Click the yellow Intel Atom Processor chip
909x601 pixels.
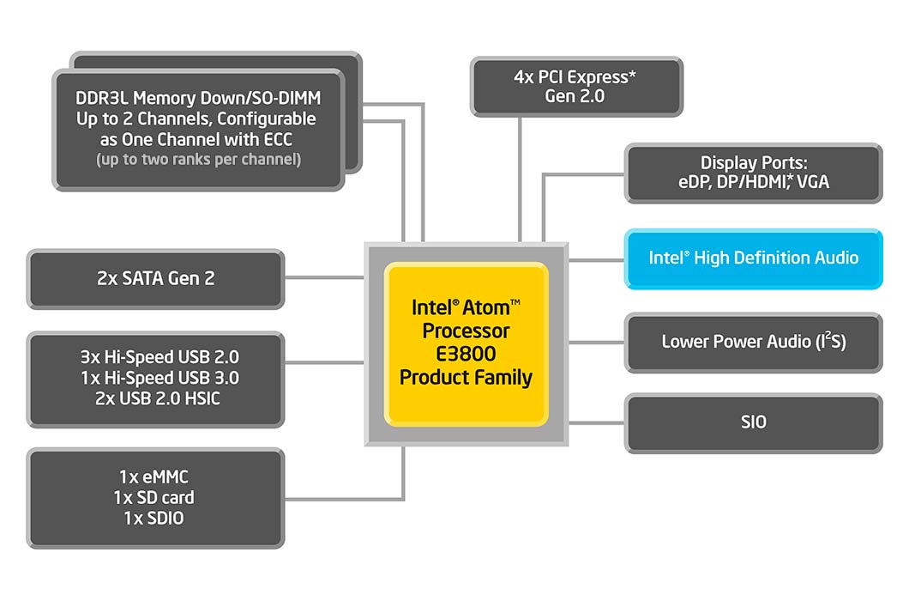pyautogui.click(x=466, y=343)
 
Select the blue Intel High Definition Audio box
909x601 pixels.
pyautogui.click(x=753, y=258)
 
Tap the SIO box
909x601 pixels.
pyautogui.click(x=753, y=422)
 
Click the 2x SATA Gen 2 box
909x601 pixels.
pyautogui.click(x=155, y=279)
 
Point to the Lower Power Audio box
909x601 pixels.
pyautogui.click(x=753, y=342)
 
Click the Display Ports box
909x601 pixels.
pyautogui.click(x=753, y=173)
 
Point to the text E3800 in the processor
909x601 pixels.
pyautogui.click(x=466, y=354)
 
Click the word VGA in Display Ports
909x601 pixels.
pyautogui.click(x=812, y=183)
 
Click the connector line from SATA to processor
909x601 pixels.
pyautogui.click(x=324, y=277)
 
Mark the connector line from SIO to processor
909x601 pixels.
pyautogui.click(x=597, y=422)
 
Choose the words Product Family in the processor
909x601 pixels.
pyautogui.click(x=466, y=376)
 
